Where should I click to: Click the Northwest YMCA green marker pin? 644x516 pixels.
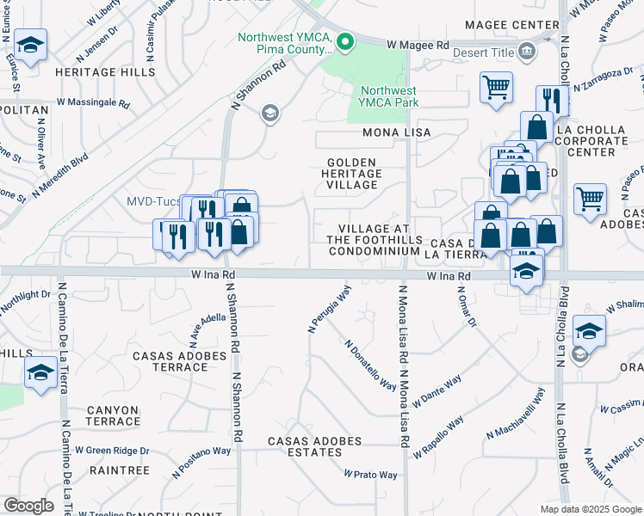345,41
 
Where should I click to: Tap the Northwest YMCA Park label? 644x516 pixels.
388,96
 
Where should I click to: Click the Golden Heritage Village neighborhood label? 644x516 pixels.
352,174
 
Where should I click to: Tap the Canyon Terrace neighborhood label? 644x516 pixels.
113,415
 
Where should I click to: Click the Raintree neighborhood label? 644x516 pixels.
119,470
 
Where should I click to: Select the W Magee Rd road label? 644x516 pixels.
418,44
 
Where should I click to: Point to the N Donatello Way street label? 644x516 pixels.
370,365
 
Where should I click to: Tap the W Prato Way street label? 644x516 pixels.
370,475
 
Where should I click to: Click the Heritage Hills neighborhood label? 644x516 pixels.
105,72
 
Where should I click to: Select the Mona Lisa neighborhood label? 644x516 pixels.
396,133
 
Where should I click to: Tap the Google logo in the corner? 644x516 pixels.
28,506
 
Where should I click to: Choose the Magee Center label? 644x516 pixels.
512,25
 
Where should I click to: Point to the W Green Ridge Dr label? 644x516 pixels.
112,450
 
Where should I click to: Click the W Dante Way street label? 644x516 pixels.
437,390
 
